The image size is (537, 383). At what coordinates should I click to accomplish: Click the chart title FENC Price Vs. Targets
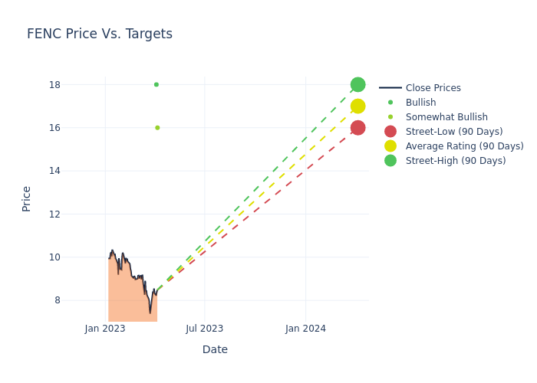click(x=100, y=34)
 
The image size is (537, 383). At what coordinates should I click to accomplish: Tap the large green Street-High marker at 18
click(x=357, y=84)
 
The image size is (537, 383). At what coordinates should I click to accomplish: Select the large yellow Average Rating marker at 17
click(x=357, y=106)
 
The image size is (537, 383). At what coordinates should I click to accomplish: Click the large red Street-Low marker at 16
click(x=357, y=127)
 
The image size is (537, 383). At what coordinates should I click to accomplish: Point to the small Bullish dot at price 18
click(x=156, y=84)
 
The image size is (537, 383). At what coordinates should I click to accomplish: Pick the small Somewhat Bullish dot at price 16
click(x=157, y=127)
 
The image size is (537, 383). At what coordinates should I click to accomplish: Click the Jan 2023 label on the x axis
click(x=105, y=329)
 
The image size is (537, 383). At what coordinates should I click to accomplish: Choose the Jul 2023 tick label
click(x=205, y=329)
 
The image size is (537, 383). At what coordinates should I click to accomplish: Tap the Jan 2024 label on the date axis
click(x=305, y=329)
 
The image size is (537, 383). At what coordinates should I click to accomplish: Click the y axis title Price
click(x=27, y=198)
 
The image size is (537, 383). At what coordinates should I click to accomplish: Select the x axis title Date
click(x=215, y=349)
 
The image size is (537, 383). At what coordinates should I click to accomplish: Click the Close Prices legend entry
click(x=433, y=88)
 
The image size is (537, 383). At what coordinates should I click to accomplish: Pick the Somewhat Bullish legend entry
click(x=446, y=117)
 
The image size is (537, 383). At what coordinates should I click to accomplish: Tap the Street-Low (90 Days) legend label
click(x=454, y=132)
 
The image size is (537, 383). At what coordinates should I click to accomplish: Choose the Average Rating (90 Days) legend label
click(x=464, y=146)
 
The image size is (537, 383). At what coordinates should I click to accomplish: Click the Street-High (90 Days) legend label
click(x=456, y=161)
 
